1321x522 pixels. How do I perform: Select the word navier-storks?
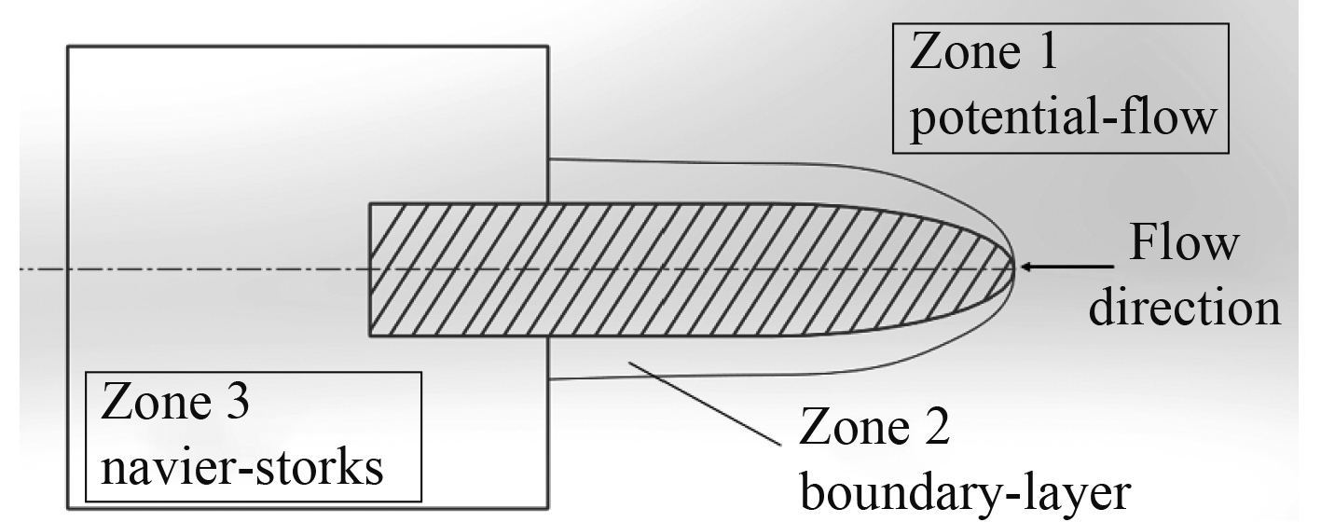click(242, 468)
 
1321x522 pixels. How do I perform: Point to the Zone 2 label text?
click(875, 431)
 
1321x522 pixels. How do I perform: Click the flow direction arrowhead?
click(1025, 268)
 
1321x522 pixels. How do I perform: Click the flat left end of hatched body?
click(371, 268)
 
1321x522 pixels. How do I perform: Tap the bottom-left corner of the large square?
click(68, 505)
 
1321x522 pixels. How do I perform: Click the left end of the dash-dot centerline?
click(23, 268)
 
